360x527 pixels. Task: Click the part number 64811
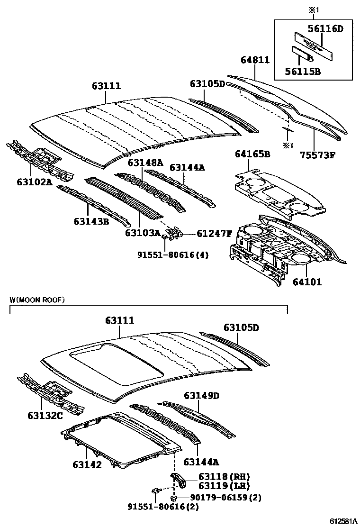click(255, 60)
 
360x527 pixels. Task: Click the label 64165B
click(252, 154)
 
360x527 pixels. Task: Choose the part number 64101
click(307, 282)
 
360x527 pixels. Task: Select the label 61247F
click(215, 234)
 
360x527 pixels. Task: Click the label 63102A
click(28, 181)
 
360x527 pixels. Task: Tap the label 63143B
click(91, 221)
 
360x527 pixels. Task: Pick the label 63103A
click(143, 233)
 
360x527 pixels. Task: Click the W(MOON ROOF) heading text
click(37, 300)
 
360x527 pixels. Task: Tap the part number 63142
click(87, 464)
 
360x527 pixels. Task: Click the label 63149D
click(202, 395)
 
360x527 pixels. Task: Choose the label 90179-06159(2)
click(226, 497)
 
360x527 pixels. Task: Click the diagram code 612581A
click(343, 521)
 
